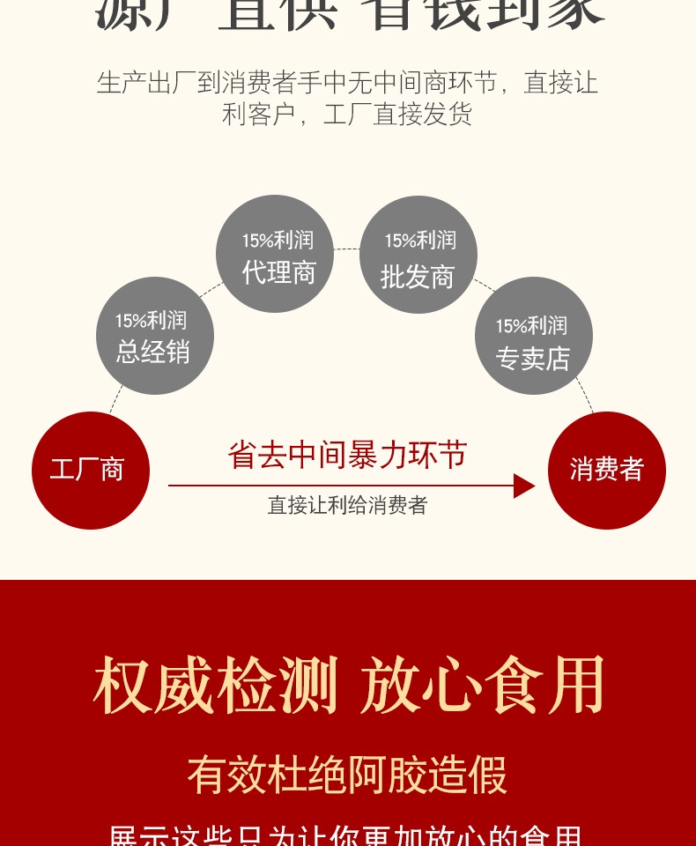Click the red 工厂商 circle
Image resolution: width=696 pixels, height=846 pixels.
point(90,470)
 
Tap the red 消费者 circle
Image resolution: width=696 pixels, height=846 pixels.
point(606,470)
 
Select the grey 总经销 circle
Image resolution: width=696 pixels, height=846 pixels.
point(154,336)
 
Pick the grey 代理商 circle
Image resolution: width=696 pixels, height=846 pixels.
point(275,254)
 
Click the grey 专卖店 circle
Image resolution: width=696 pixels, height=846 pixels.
point(533,336)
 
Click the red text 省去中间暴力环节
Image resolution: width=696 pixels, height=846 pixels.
point(347,455)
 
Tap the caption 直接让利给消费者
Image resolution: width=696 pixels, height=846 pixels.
point(347,505)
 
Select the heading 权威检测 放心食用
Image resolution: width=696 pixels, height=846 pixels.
point(349,686)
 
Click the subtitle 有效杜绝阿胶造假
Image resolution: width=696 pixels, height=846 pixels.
point(347,775)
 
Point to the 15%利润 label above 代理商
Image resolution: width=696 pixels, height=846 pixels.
point(278,240)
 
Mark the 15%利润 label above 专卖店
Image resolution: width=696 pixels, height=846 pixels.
point(531,326)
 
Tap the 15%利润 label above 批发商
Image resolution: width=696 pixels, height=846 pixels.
point(420,240)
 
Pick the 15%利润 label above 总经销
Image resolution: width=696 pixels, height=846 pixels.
point(151,321)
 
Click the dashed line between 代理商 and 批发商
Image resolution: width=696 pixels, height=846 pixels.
point(347,249)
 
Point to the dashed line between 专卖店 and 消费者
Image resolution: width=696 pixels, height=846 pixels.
point(585,397)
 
